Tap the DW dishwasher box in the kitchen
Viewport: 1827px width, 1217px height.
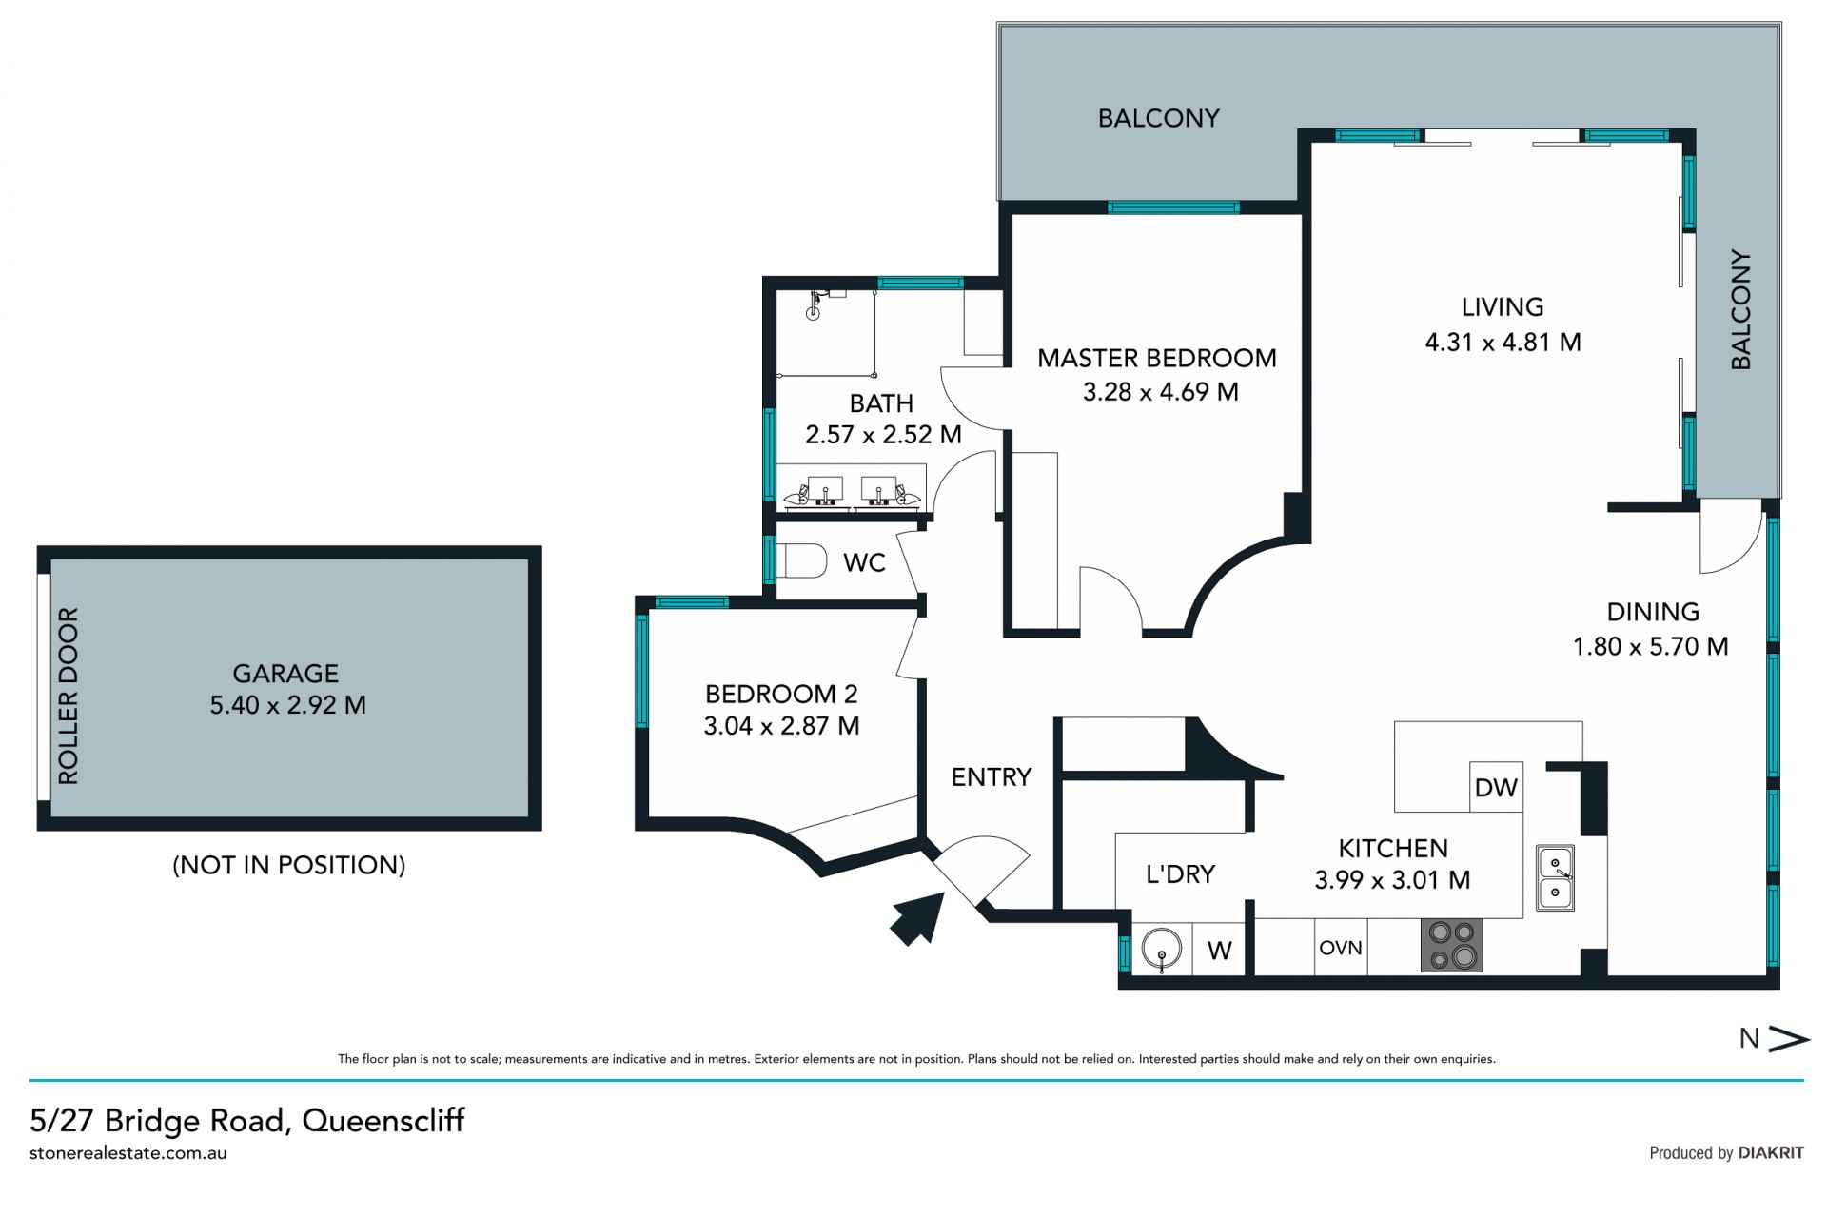(x=1496, y=787)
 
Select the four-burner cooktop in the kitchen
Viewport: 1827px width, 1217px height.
(x=1452, y=945)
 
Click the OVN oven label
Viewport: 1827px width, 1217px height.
(x=1341, y=948)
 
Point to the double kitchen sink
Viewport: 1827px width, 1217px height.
(x=1555, y=878)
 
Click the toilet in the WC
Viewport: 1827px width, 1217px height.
(x=801, y=560)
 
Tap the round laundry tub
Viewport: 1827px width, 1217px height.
(x=1161, y=949)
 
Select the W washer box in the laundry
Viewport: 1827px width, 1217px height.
(x=1219, y=950)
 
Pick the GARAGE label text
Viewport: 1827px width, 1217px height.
(x=285, y=674)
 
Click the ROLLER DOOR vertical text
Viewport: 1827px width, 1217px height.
(x=68, y=697)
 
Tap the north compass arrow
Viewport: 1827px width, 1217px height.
(x=1788, y=1039)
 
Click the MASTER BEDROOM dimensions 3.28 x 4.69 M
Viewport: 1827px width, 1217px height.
(x=1161, y=392)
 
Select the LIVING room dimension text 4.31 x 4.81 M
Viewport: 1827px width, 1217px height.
(x=1503, y=342)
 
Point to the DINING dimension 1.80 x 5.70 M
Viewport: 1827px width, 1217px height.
(x=1651, y=647)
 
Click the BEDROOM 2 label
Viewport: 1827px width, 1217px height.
(x=781, y=694)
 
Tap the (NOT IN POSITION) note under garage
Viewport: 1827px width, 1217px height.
(x=289, y=865)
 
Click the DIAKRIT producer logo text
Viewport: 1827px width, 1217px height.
(x=1771, y=1153)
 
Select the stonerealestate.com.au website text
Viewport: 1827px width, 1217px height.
(x=128, y=1153)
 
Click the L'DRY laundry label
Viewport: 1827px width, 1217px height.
(x=1180, y=873)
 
